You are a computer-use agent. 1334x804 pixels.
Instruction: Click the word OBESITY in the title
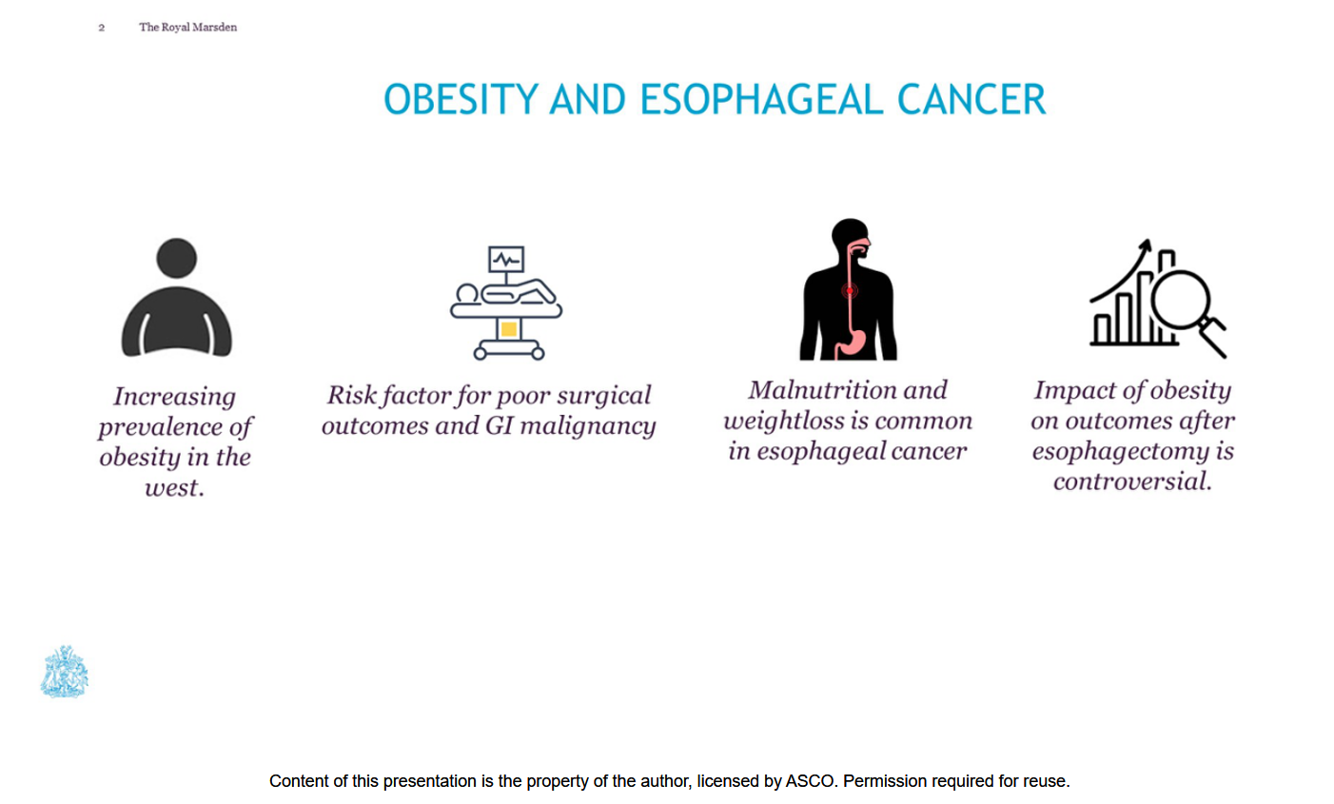(x=461, y=100)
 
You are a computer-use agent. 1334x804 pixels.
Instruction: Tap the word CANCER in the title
(x=971, y=100)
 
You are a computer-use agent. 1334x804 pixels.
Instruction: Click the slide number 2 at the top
(x=102, y=28)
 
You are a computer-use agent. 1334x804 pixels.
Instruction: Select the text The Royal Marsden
(x=188, y=27)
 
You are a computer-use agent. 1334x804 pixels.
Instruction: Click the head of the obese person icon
(x=176, y=258)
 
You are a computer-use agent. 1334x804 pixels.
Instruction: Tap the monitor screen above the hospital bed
(x=506, y=259)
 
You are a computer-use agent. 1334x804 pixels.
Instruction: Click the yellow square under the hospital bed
(x=509, y=329)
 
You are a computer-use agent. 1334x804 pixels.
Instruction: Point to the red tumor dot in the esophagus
(x=850, y=290)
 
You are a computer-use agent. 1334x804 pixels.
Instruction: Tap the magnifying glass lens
(x=1181, y=300)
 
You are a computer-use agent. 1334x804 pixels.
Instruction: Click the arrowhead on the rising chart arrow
(x=1146, y=246)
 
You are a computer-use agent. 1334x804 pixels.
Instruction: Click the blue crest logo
(x=65, y=671)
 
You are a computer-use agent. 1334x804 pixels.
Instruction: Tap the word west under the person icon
(x=174, y=488)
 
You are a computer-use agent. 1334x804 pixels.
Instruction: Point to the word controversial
(x=1132, y=481)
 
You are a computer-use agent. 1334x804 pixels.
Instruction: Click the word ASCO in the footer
(x=811, y=781)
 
